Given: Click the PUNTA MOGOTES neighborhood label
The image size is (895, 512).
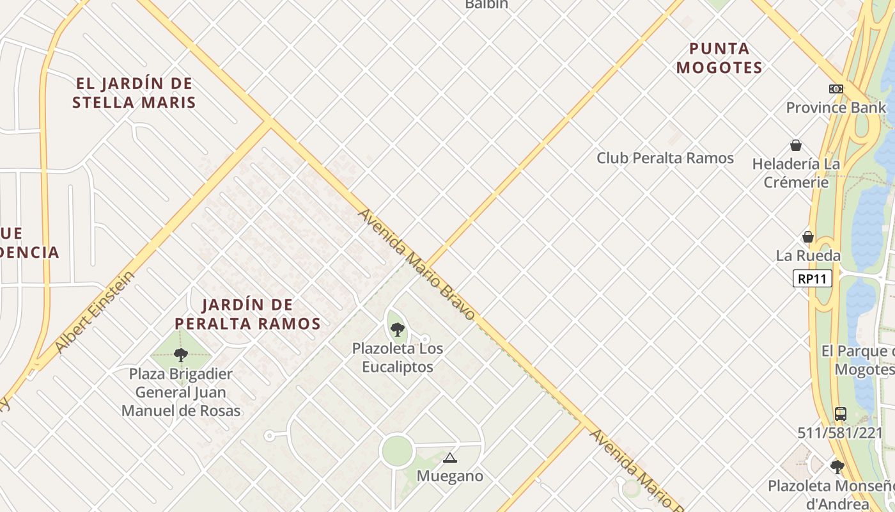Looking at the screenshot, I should tap(719, 58).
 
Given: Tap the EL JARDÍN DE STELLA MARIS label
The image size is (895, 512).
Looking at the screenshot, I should tap(134, 93).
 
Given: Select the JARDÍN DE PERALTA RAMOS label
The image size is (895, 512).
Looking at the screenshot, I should tap(247, 314).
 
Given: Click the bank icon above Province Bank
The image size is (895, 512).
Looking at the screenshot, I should tap(836, 89).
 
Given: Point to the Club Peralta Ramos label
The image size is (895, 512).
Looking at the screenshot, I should tap(665, 158).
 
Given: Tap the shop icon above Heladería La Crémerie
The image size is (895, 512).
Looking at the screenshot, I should tap(796, 145).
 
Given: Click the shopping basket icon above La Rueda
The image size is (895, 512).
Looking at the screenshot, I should tap(808, 237).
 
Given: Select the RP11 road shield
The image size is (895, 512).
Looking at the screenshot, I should tap(813, 278).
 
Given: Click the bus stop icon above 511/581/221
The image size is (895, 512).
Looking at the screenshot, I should tap(840, 413).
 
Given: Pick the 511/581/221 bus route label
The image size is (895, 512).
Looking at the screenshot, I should tap(839, 433).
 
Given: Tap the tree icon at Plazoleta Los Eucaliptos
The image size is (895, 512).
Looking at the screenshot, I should tap(398, 330).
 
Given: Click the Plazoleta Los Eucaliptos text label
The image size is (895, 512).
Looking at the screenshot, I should tap(398, 358).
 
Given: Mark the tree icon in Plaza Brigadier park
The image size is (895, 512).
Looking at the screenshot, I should tap(181, 355).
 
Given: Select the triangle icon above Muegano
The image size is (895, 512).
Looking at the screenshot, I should tap(450, 458).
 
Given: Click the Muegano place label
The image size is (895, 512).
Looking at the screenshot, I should tap(450, 476).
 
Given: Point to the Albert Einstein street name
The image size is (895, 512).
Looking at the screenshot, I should tap(95, 312).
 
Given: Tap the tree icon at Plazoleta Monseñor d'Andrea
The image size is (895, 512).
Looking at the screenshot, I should tap(837, 467).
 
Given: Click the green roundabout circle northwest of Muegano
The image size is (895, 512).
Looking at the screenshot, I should tap(396, 451).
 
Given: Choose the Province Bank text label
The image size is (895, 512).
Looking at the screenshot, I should tap(836, 108).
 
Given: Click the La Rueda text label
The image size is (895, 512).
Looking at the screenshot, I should tap(808, 255).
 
